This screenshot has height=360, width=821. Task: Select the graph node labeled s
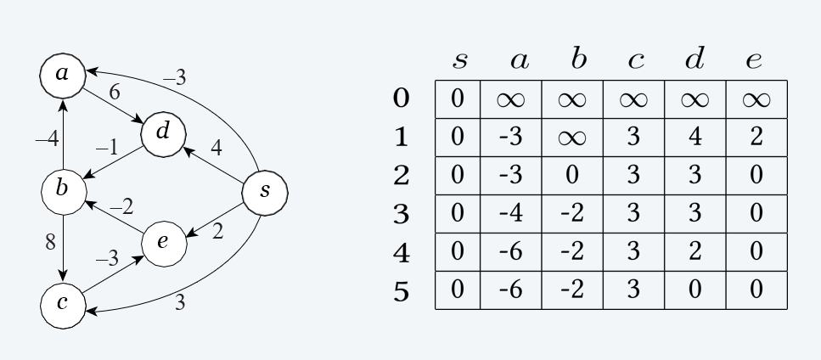coord(266,191)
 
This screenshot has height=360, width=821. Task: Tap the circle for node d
coord(164,132)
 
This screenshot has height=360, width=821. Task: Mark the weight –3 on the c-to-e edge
coord(107,259)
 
